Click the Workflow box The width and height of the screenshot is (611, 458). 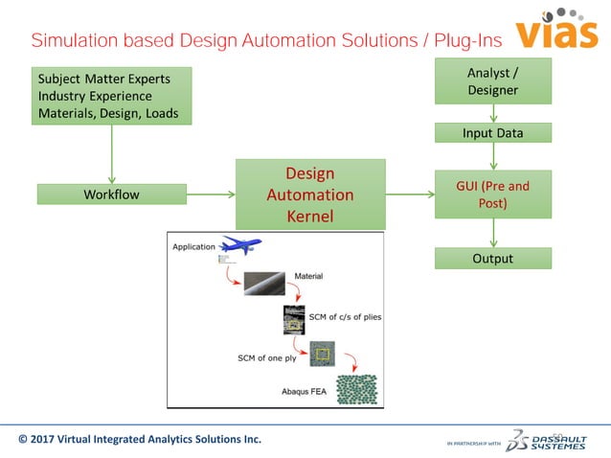pos(112,195)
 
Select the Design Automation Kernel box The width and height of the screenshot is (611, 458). pos(309,195)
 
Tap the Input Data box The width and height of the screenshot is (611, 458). pos(493,133)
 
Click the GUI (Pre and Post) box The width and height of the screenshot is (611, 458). pos(493,195)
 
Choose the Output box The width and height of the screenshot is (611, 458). pos(493,259)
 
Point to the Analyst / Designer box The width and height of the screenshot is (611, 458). pos(493,81)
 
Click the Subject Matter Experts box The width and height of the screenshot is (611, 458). pos(112,96)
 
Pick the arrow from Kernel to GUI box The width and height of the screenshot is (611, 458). pos(410,195)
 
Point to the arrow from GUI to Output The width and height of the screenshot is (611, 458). pos(493,233)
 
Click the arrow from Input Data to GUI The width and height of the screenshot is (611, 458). pos(493,156)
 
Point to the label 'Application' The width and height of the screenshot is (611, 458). pos(193,246)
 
